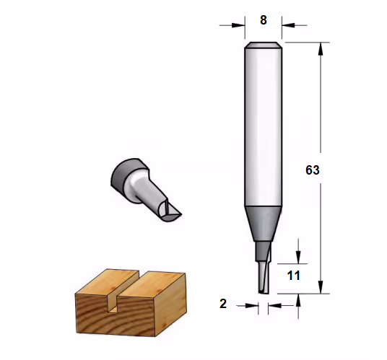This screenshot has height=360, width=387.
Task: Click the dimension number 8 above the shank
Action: (x=264, y=20)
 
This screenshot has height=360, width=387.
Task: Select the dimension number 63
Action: (x=313, y=170)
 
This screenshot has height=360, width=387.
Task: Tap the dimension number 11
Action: (x=293, y=276)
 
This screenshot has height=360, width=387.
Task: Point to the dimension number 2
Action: (x=223, y=304)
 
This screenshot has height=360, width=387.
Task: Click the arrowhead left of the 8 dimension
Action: (x=238, y=25)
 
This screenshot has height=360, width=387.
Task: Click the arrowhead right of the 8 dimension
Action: (x=288, y=25)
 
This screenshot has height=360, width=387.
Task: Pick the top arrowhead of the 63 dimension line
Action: (x=321, y=49)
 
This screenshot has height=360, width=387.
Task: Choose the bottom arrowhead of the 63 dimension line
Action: (x=321, y=287)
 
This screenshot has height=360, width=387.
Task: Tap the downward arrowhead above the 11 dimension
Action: (x=298, y=257)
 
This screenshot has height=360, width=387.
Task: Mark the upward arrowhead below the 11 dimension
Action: (x=298, y=300)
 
